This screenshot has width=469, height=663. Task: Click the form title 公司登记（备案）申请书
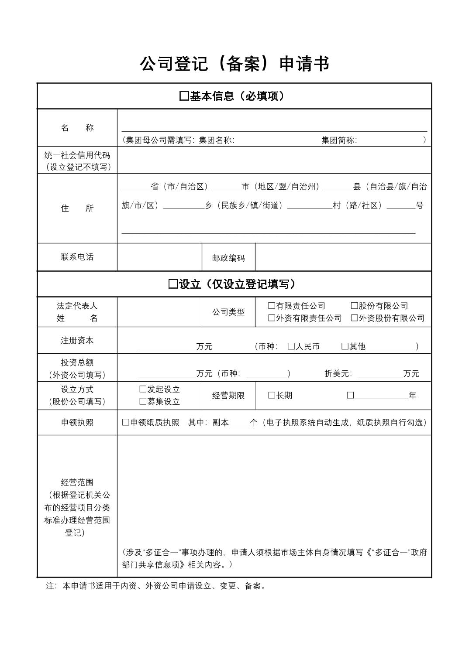tap(234, 64)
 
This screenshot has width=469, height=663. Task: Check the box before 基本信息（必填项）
tap(184, 96)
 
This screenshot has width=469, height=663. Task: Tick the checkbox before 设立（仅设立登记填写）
tap(173, 284)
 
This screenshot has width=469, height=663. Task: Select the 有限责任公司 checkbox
tap(272, 306)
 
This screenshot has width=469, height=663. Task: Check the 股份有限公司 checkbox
tap(354, 306)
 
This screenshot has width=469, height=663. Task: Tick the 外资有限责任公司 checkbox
tap(272, 318)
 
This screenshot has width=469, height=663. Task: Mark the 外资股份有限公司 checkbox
tap(354, 318)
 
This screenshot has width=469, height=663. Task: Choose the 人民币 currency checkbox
tap(291, 346)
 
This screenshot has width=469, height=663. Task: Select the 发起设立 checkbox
tap(143, 389)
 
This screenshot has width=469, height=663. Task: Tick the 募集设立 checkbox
tap(143, 401)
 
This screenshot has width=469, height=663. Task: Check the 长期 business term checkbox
tap(272, 395)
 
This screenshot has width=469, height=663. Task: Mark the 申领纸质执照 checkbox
tap(126, 422)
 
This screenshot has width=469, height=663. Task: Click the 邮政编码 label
tap(228, 258)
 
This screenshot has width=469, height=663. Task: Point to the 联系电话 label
tap(77, 257)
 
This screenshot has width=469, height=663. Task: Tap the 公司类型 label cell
tap(228, 312)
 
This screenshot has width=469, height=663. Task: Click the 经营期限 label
tap(228, 396)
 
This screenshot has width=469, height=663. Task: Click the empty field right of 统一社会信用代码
tap(274, 160)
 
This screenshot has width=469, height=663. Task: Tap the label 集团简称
tap(339, 140)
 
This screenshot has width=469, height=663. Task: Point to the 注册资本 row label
tap(77, 340)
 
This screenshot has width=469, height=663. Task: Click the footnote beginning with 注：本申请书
tap(156, 586)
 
